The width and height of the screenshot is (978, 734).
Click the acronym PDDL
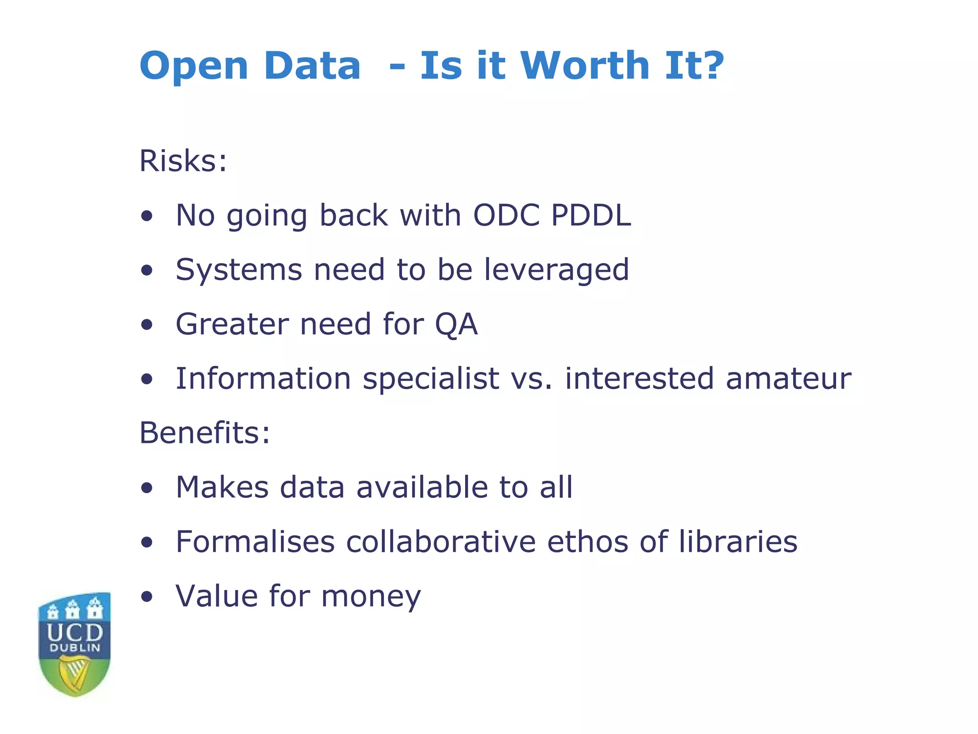(591, 215)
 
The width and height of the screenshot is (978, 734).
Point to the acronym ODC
(506, 215)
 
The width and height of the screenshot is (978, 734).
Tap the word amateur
(788, 378)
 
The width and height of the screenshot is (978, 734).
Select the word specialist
(431, 379)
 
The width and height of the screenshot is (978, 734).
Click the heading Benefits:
(204, 433)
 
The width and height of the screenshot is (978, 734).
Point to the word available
(422, 487)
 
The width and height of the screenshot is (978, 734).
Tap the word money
(371, 597)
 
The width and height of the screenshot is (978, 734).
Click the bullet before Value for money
(147, 597)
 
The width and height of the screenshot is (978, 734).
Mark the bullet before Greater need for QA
(147, 325)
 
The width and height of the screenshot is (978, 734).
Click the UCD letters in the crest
(75, 633)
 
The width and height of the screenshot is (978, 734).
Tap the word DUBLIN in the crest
(75, 648)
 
